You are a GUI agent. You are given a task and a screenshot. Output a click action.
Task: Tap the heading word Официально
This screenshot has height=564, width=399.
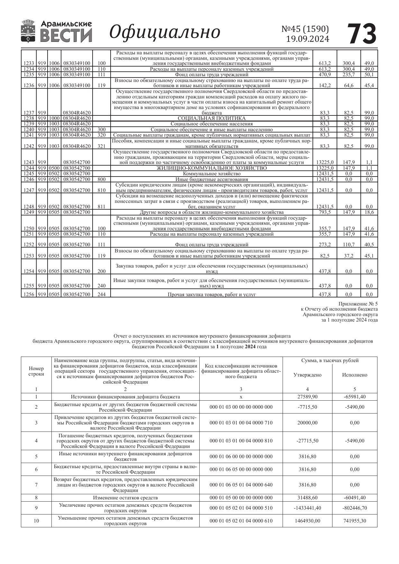[165, 32]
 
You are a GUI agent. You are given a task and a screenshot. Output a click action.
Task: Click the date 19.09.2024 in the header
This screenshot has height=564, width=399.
[307, 39]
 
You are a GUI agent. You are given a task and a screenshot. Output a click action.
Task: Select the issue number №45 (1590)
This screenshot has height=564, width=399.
[305, 29]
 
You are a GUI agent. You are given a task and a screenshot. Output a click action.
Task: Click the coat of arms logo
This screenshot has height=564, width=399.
[28, 31]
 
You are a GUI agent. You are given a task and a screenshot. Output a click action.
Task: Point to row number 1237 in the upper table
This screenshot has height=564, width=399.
[29, 113]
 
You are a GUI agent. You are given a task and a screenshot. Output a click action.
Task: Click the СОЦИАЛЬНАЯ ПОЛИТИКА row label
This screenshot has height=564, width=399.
[212, 118]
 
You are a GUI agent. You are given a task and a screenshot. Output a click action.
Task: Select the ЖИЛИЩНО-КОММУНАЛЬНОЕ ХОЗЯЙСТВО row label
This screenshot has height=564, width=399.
[212, 168]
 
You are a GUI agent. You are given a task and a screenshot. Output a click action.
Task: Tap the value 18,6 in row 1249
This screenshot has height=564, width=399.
[369, 212]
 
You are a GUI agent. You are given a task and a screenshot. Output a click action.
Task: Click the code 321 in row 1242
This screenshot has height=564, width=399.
[101, 146]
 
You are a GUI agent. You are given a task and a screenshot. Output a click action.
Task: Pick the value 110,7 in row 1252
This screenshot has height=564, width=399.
[349, 244]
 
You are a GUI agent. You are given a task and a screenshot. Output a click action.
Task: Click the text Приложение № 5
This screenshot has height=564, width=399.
[358, 304]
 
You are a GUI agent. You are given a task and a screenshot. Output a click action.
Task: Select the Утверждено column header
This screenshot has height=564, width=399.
[307, 375]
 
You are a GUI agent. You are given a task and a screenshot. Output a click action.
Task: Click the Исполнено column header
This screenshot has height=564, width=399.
[355, 375]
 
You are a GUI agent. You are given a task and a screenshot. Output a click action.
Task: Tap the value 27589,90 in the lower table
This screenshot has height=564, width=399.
[307, 397]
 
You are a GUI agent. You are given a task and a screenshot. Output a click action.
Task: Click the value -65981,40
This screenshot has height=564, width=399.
[355, 397]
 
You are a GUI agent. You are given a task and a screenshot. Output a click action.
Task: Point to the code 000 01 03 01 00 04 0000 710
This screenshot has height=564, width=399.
[241, 423]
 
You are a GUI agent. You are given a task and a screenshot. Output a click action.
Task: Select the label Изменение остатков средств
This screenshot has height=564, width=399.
[125, 498]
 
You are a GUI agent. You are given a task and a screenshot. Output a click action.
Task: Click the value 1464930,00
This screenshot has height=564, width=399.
[307, 521]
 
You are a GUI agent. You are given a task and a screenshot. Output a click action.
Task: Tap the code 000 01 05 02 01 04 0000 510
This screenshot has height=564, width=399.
[241, 508]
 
